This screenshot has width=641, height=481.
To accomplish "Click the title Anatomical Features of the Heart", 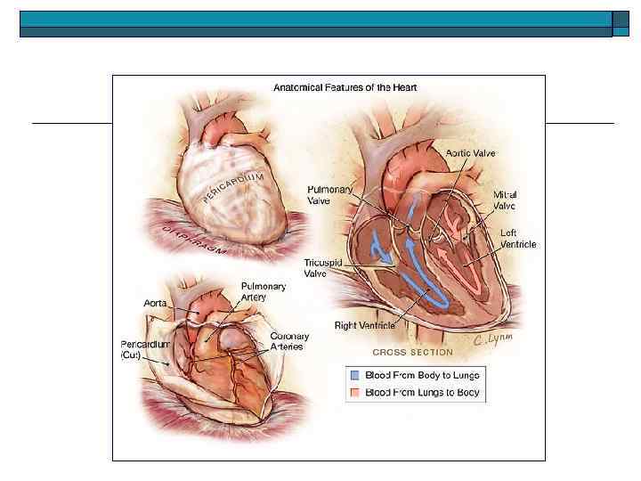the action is coord(345,87).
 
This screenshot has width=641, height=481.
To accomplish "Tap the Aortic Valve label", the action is coord(471,153).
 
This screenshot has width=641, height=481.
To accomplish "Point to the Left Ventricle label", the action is coord(515,239).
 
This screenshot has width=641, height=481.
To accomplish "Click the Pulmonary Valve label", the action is coord(330,195).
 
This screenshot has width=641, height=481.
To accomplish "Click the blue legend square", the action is coord(354,376).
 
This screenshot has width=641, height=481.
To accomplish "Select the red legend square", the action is coord(354,392).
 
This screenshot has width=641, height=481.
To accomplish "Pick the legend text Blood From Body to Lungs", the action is coord(422,376).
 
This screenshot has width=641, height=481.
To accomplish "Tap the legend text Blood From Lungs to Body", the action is coord(422,392).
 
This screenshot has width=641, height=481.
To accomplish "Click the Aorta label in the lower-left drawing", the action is coord(155,304).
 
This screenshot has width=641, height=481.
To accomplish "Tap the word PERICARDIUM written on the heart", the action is coord(234,188).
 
